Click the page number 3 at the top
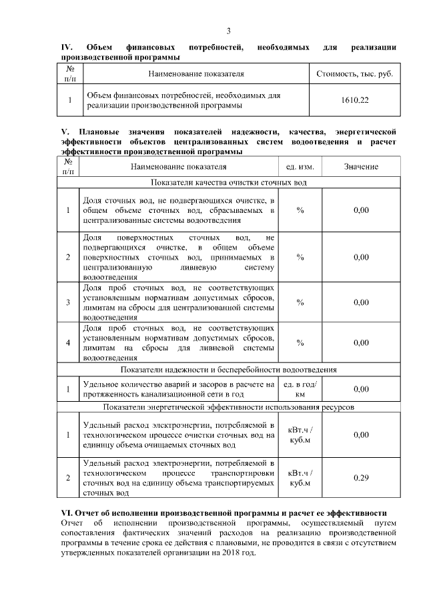[228, 31]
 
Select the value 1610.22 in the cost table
[354, 100]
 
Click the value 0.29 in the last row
[361, 478]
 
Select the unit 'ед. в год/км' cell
[300, 389]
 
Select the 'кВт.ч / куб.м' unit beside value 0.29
[300, 478]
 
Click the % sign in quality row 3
[300, 302]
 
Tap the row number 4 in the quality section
[69, 343]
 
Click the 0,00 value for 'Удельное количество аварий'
[361, 389]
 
